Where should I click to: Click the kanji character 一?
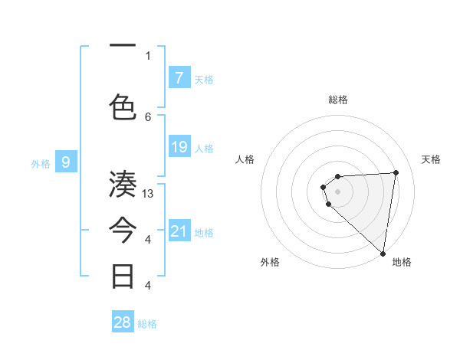click(123, 46)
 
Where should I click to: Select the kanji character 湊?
click(123, 185)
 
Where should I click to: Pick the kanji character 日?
click(123, 276)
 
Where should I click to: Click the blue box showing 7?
click(179, 77)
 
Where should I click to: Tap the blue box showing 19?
click(179, 147)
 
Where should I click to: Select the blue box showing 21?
click(179, 231)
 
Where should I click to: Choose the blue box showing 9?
click(66, 162)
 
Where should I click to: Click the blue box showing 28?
click(123, 322)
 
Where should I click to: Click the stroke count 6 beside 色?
click(148, 116)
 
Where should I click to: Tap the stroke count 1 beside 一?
click(148, 55)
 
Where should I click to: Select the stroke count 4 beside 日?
click(148, 286)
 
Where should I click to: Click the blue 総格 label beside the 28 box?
click(147, 324)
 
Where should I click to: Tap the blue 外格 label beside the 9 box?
click(41, 163)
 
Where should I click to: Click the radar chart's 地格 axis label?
click(402, 262)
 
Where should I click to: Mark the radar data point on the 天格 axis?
click(396, 172)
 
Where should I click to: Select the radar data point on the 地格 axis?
click(383, 253)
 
